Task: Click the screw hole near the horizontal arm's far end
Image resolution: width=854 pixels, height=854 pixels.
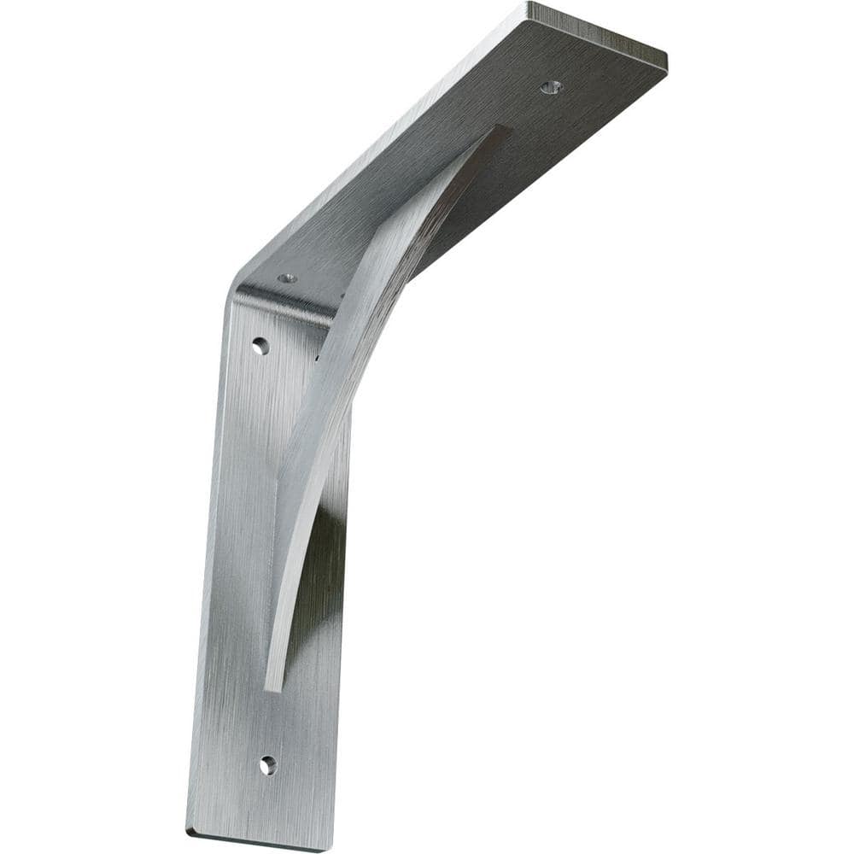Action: click(x=551, y=87)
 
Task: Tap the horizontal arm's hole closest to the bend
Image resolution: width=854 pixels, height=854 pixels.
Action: click(x=287, y=278)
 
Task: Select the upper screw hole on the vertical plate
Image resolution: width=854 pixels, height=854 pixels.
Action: click(x=260, y=346)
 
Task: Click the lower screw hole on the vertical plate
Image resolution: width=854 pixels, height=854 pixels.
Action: click(x=267, y=764)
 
